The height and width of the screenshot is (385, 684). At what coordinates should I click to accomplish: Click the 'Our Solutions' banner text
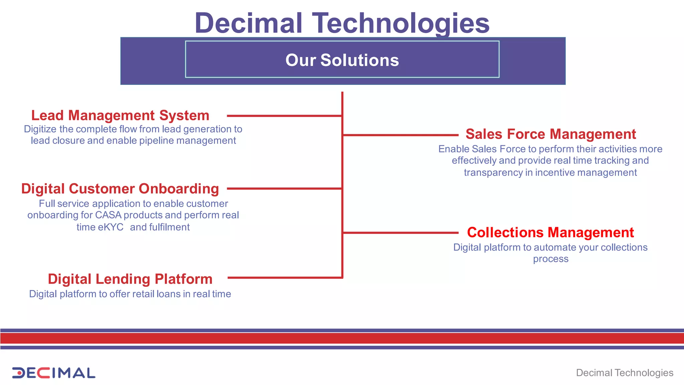(342, 60)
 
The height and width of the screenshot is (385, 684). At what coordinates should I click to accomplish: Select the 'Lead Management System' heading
(120, 116)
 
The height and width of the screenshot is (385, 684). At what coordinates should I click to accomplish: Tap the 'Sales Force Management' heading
(550, 134)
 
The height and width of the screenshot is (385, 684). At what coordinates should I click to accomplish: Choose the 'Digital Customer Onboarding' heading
(120, 189)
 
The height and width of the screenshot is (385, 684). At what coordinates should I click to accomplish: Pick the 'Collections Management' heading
(550, 233)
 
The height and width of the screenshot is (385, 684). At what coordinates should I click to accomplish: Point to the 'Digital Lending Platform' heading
(130, 279)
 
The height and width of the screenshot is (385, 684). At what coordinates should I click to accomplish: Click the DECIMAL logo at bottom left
(53, 373)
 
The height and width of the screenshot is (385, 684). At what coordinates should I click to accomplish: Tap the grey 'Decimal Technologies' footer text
(625, 373)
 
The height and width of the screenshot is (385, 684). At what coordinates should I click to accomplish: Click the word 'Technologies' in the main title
(400, 23)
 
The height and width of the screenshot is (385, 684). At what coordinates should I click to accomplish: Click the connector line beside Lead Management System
(284, 116)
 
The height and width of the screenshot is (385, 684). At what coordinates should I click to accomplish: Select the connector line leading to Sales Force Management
(401, 135)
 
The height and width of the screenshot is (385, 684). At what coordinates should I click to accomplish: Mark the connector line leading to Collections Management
(401, 233)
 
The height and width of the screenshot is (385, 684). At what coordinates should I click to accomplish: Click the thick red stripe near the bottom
(342, 338)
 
